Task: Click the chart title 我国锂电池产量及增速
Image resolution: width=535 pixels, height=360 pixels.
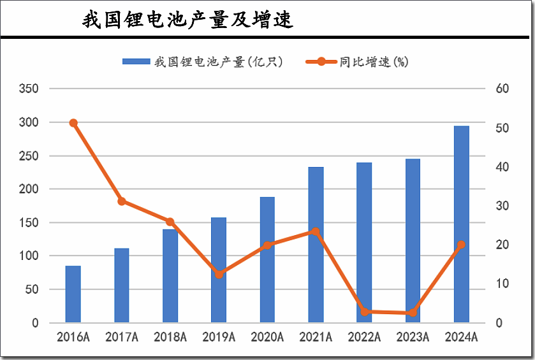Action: pos(187,20)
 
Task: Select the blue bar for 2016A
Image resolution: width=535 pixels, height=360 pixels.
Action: pos(73,294)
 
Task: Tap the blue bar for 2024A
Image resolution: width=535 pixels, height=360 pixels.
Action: pos(461,224)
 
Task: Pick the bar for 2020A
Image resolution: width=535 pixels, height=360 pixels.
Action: pos(267,259)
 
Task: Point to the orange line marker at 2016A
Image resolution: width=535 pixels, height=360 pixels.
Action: pos(73,123)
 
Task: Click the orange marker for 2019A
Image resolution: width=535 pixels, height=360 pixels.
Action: pos(219,275)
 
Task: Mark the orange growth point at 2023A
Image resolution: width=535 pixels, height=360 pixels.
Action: pos(413,313)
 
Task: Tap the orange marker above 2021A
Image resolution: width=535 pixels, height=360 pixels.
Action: pos(316,231)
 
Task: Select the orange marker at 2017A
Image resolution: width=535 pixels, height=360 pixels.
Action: pos(122,201)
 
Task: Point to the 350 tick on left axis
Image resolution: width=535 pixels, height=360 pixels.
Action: pos(30,89)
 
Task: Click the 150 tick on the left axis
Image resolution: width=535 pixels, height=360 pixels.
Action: pos(30,223)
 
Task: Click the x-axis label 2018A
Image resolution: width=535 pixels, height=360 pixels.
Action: pos(170,337)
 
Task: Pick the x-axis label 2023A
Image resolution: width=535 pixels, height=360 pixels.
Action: pos(413,337)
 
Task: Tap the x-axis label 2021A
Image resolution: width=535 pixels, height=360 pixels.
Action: pos(316,337)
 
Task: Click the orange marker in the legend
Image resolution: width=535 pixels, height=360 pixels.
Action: pos(321,62)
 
